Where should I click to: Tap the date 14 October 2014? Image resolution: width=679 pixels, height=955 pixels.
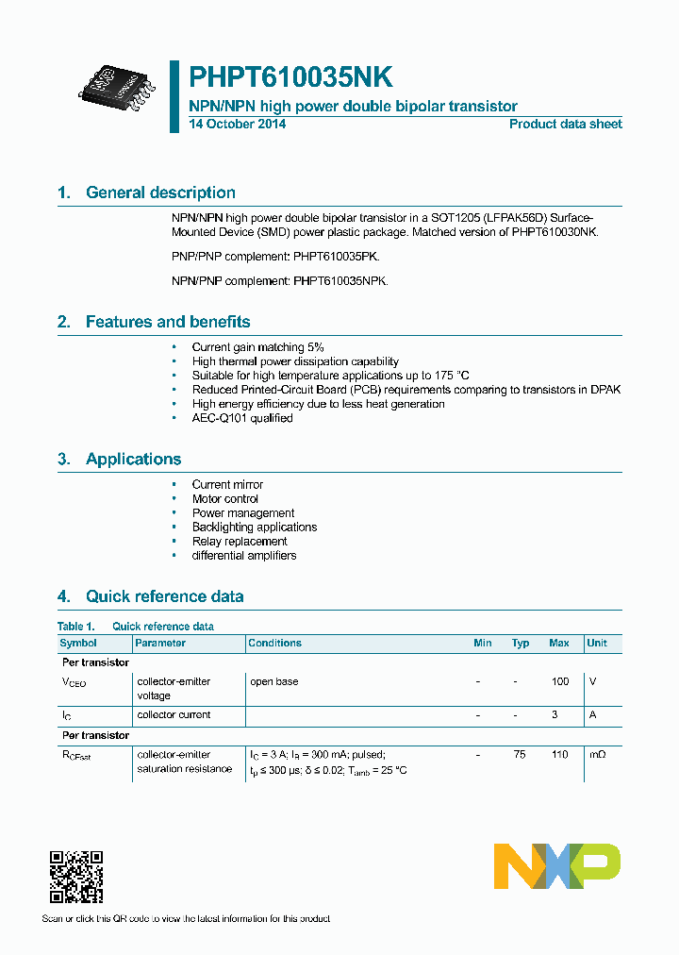tap(237, 125)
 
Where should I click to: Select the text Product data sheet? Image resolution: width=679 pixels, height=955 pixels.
tap(565, 125)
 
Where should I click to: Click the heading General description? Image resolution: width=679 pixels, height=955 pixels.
tap(160, 193)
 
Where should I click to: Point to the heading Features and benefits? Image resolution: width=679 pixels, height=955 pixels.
tap(168, 322)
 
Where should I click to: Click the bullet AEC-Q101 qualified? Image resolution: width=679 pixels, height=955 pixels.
tap(242, 418)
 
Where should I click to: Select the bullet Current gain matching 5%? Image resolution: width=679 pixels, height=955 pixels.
tap(257, 347)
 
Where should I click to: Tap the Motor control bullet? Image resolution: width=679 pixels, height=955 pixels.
tap(224, 498)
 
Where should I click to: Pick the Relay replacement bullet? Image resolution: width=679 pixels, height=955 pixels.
tap(240, 541)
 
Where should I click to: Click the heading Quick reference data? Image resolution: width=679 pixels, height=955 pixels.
tap(164, 596)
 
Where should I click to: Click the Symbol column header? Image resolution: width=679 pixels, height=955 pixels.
tap(78, 643)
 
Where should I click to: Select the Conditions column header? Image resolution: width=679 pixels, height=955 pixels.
tap(274, 643)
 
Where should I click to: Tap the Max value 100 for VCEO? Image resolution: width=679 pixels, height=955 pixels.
tap(559, 681)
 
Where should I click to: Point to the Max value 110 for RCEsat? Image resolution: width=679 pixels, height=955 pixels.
tap(559, 755)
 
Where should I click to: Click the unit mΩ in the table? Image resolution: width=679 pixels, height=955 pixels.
tap(597, 755)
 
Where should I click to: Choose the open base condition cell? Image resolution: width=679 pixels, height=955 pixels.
tap(273, 681)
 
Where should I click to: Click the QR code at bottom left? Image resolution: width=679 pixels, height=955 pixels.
tap(75, 877)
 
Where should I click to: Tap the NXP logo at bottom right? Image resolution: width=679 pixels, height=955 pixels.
tap(557, 865)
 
